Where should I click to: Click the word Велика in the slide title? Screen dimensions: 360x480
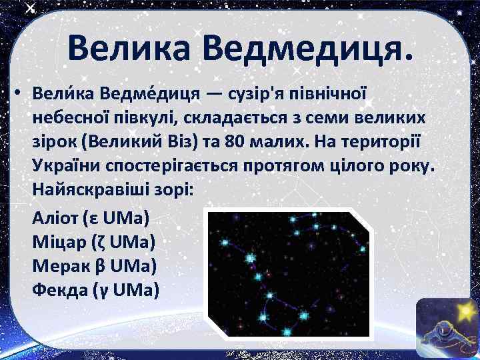tap(127, 48)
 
